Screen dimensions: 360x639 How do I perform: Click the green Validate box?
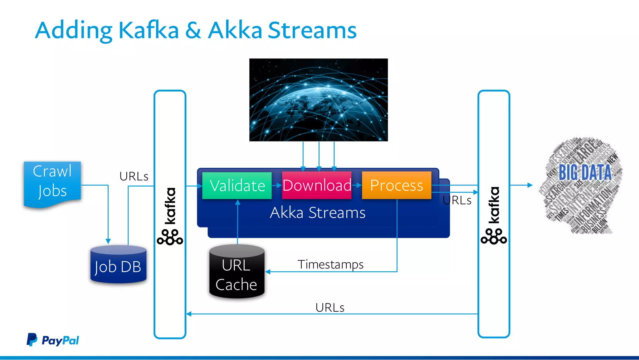click(237, 185)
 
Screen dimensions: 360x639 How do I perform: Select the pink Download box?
click(317, 185)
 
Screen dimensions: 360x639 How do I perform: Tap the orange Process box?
click(396, 185)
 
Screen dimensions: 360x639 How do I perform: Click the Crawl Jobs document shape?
click(52, 182)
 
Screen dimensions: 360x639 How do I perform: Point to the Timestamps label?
click(330, 264)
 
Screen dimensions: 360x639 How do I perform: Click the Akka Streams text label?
click(317, 213)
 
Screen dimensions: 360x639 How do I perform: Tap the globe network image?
click(318, 100)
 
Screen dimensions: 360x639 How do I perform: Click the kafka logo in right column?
click(494, 215)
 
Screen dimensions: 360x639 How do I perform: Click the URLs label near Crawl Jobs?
click(134, 176)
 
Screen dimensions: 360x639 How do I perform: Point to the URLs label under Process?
click(457, 200)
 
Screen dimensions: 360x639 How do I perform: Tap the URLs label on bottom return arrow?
click(330, 308)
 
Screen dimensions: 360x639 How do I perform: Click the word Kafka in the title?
click(149, 30)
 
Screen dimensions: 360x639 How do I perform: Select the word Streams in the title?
click(312, 30)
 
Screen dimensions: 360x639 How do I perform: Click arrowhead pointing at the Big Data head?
click(530, 185)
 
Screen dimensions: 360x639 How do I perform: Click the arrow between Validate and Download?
click(277, 185)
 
